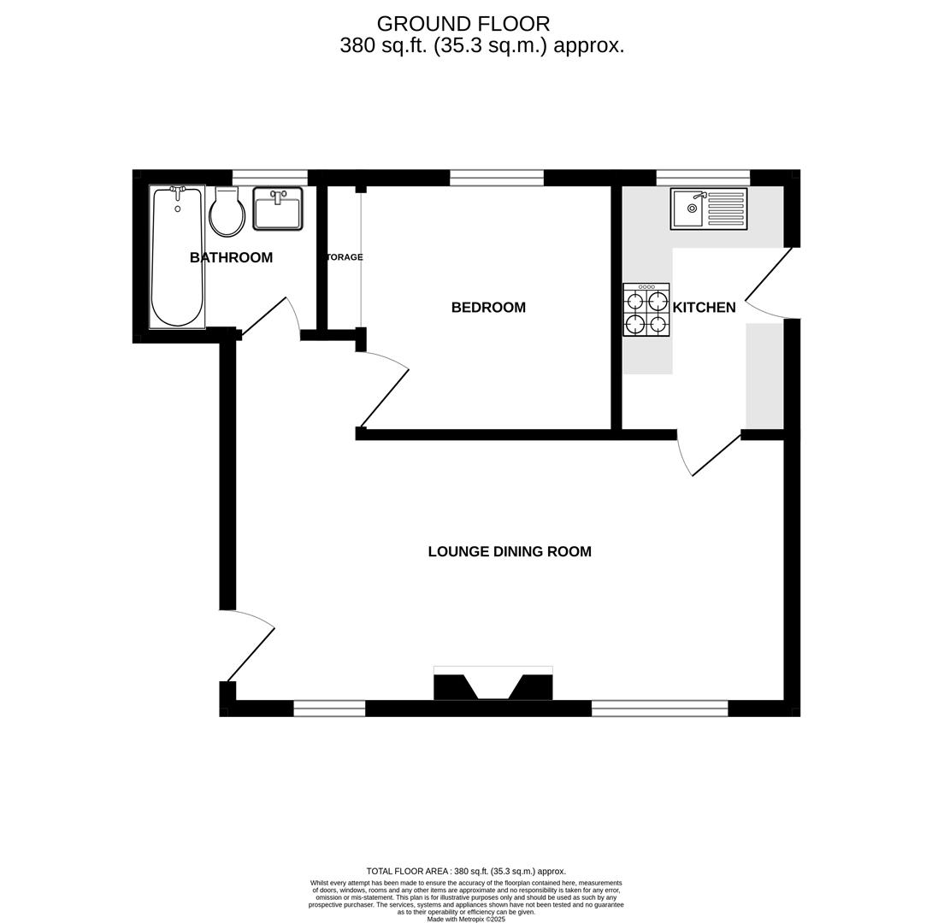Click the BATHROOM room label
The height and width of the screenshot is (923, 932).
point(231,257)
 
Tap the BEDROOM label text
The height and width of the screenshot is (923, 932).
point(488,308)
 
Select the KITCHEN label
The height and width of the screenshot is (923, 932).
point(704,308)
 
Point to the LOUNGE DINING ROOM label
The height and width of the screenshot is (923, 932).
point(510,552)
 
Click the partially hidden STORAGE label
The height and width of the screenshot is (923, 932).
point(345,257)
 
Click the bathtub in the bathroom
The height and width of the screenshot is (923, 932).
point(177,257)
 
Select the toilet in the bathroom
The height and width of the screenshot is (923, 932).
point(227,213)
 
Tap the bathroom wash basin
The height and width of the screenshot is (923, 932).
point(278,209)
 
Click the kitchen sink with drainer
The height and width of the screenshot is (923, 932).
point(708,209)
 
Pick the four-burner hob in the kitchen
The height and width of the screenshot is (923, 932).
point(646,310)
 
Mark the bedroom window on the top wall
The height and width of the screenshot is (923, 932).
point(497,178)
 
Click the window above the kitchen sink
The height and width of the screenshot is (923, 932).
point(703,178)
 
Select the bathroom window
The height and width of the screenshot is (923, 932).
point(270,178)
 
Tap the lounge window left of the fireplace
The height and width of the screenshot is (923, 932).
point(329,708)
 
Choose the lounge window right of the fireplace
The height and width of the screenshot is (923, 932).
point(659,708)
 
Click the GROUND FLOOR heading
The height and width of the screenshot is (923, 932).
point(463,24)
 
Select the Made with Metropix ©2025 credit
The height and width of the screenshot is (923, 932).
point(466,920)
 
